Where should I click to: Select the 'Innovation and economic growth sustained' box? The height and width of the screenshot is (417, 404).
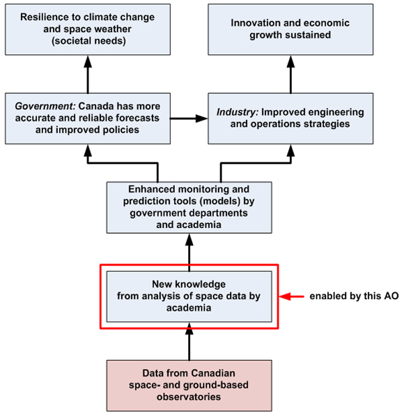(290, 29)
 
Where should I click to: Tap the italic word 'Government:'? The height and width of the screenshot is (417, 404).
(45, 106)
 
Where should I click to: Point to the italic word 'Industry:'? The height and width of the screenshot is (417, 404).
(237, 112)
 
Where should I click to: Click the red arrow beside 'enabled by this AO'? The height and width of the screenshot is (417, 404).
(293, 296)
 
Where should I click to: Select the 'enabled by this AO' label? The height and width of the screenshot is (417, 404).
(355, 296)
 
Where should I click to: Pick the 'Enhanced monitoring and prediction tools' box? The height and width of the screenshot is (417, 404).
(189, 207)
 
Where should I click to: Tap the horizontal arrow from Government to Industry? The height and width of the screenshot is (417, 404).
(189, 118)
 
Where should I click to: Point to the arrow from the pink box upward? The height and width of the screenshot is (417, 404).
(189, 342)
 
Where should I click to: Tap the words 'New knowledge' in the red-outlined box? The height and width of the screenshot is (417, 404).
(189, 285)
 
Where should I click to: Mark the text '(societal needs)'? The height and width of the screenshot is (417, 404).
(88, 40)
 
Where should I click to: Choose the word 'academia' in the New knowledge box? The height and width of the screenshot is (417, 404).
(189, 308)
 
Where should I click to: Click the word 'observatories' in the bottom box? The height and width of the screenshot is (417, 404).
(189, 397)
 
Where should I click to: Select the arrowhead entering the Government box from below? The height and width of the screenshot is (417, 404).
(88, 149)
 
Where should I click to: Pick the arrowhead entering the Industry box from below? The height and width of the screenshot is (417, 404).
(290, 149)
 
